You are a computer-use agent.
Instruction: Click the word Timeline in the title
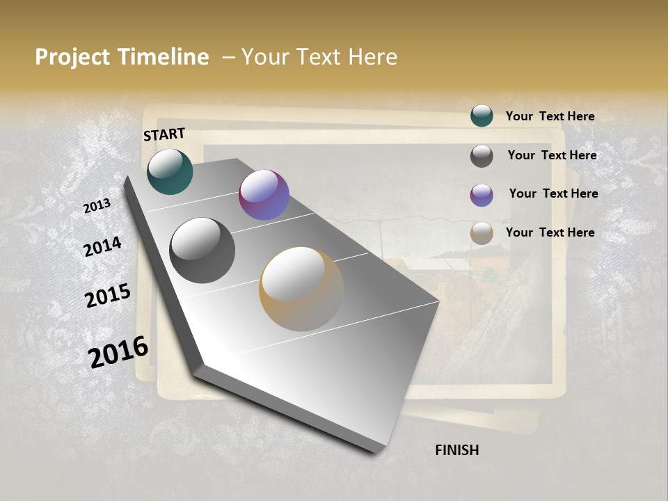coord(163,57)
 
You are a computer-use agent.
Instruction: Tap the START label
coord(164,134)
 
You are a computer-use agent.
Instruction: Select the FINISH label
coord(456,450)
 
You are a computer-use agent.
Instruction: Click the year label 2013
coord(97,206)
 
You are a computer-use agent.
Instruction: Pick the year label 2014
coord(103,246)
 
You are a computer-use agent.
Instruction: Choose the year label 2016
coord(118,351)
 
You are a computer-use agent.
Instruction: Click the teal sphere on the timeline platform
coord(170,172)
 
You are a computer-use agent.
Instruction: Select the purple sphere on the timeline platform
coord(264,195)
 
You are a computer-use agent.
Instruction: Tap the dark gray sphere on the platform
coord(202,250)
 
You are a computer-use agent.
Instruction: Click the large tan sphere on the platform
coord(301,289)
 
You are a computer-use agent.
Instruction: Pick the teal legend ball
coord(482,116)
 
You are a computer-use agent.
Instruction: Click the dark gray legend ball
coord(482,156)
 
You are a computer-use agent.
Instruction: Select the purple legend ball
coord(482,195)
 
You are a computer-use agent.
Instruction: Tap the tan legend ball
coord(482,233)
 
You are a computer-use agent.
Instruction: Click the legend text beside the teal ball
coord(550,117)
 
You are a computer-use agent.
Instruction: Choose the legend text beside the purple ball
coord(553,193)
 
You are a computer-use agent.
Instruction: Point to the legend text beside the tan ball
coord(550,232)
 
